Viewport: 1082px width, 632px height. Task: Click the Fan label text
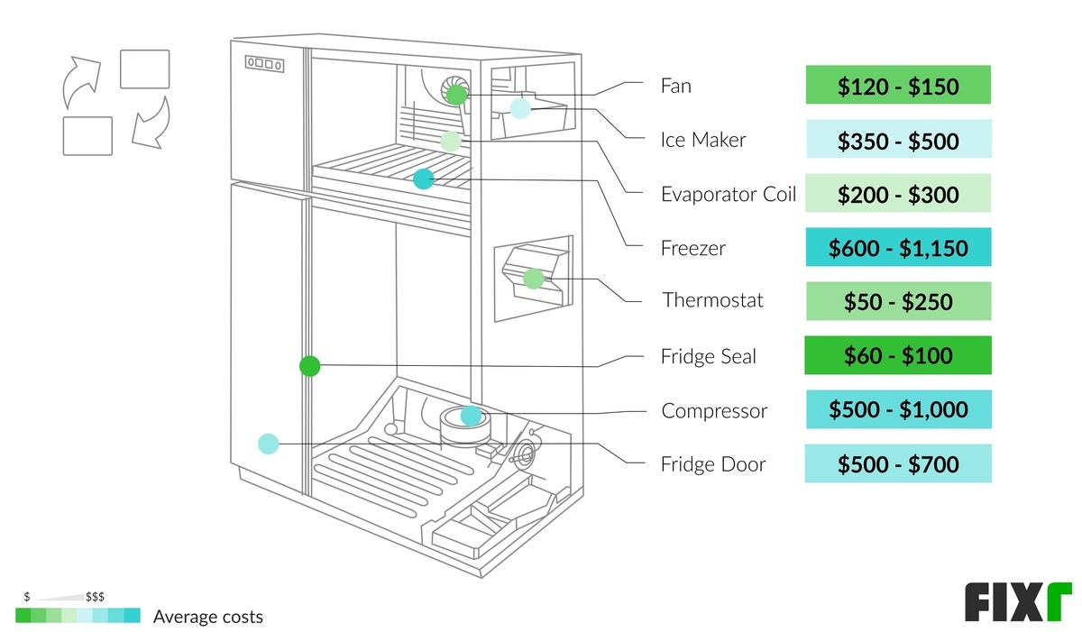point(676,87)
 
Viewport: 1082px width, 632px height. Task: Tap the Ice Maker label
point(703,141)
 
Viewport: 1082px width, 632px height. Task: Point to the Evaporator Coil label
point(729,195)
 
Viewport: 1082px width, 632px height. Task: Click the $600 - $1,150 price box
point(898,248)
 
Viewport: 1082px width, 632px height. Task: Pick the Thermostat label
point(712,300)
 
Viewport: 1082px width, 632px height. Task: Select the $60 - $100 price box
point(898,355)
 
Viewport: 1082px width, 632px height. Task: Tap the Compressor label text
point(714,411)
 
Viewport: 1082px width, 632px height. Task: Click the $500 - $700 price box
point(898,464)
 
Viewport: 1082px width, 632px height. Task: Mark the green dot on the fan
point(457,94)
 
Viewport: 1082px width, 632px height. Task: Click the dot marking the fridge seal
point(309,366)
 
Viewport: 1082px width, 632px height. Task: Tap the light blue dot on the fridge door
point(268,444)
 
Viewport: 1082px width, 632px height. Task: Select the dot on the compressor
point(470,416)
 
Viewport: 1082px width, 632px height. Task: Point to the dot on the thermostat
point(533,279)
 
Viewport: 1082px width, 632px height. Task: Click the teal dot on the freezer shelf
point(423,179)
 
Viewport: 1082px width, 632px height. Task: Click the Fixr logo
point(1018,601)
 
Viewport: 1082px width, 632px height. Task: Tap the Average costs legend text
point(208,618)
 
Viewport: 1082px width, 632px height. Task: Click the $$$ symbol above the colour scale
point(95,597)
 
